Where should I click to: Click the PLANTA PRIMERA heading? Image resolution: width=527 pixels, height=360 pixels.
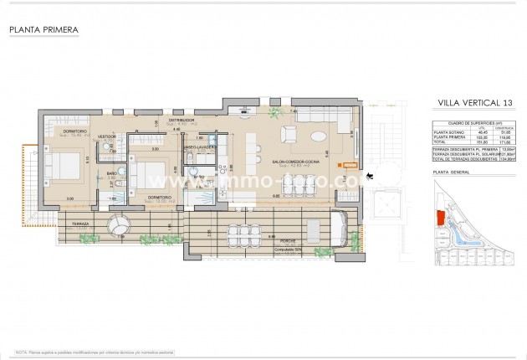click(x=43, y=30)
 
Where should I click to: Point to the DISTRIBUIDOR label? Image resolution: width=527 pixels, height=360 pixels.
click(x=182, y=120)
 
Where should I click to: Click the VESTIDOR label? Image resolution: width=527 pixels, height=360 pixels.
click(x=107, y=136)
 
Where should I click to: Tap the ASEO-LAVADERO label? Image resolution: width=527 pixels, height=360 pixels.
click(x=201, y=147)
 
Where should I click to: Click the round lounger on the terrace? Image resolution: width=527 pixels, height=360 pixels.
click(x=119, y=227)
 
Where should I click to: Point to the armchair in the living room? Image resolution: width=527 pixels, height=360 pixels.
click(x=289, y=134)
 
